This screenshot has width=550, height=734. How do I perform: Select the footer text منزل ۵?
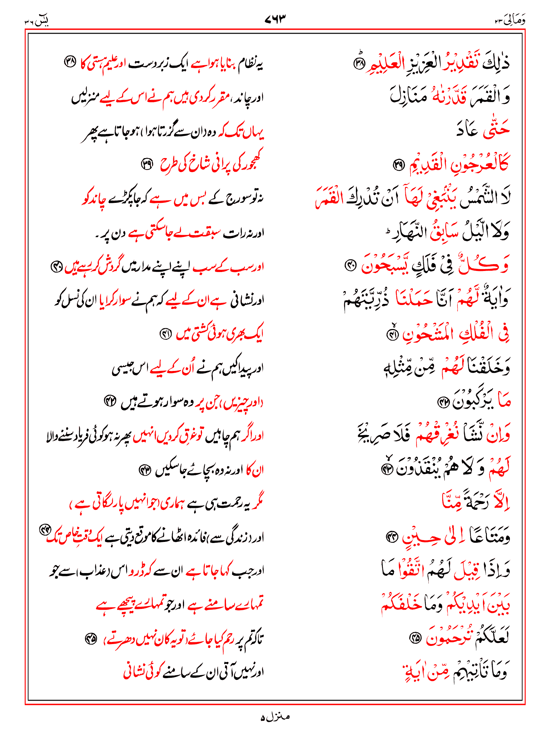[x=275, y=717]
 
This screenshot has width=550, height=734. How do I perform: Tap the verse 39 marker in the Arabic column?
[x=398, y=165]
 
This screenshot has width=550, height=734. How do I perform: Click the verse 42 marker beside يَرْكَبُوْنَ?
[x=443, y=402]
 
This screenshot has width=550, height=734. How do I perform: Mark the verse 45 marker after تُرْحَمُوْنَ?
[x=415, y=638]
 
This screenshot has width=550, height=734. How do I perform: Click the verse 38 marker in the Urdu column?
[x=69, y=62]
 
